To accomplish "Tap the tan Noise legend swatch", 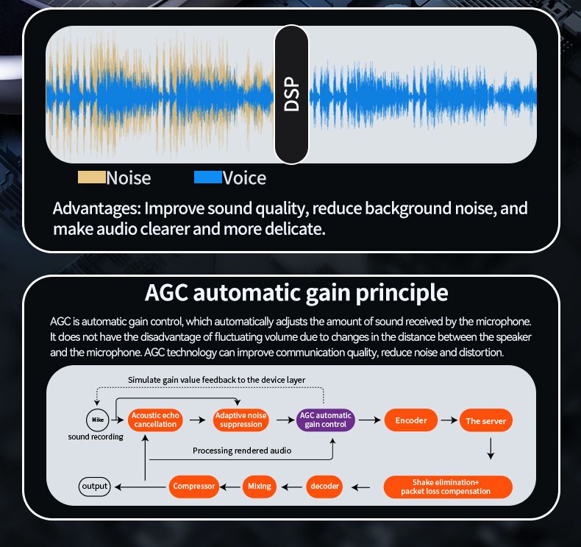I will [92, 177].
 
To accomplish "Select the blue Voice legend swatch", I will [207, 177].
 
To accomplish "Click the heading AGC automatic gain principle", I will [296, 292].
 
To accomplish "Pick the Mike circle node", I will [96, 420].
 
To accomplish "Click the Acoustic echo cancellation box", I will [155, 420].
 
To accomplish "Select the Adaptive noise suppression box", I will [240, 420].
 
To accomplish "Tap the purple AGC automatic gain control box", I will [326, 420].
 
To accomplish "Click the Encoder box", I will [411, 420].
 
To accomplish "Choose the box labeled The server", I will [485, 421].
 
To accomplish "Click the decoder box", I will [324, 486].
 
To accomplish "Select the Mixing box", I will [260, 486].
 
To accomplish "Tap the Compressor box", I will [193, 486].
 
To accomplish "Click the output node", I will [94, 486].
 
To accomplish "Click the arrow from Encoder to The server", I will [449, 420].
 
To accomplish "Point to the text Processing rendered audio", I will [242, 450].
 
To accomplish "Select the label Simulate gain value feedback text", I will [216, 380].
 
